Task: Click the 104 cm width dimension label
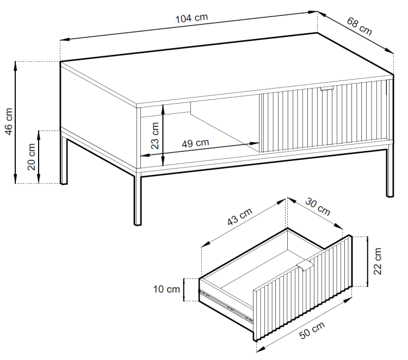(192, 18)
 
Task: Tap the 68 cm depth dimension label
(360, 26)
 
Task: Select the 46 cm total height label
(9, 121)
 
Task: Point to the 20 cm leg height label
(32, 157)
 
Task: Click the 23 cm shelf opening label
(155, 135)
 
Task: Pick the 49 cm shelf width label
(195, 143)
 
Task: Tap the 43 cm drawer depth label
(240, 216)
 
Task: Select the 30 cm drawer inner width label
(318, 207)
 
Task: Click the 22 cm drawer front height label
(378, 261)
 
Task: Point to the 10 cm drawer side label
(166, 289)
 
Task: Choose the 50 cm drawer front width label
(312, 330)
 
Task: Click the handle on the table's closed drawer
(327, 89)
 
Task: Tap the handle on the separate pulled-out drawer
(305, 266)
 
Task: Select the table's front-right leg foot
(390, 195)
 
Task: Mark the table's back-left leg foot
(64, 183)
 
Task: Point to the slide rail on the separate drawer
(226, 306)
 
